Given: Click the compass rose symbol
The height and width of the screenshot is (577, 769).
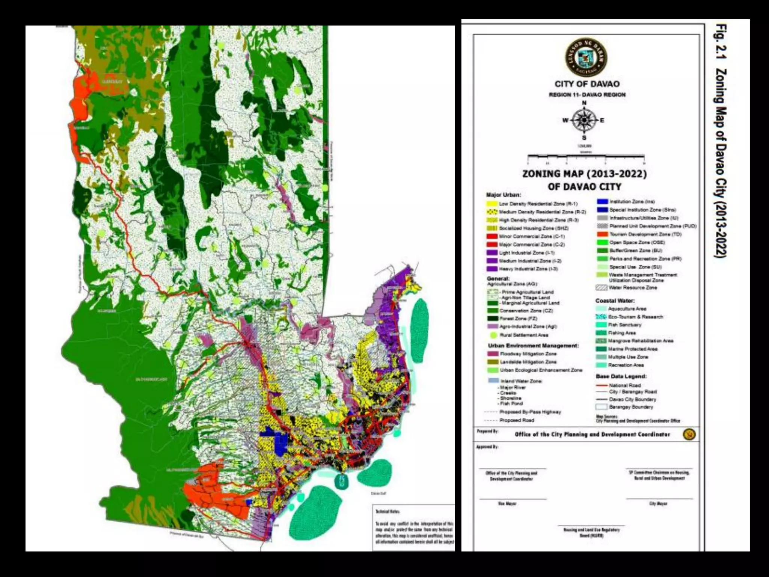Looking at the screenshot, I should click(584, 120).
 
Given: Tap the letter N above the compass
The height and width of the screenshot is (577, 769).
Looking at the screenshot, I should click(584, 103).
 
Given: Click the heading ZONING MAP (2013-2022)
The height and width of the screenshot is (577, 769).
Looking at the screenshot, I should click(585, 174).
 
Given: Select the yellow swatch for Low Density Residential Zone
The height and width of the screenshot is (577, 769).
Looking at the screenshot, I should click(492, 204).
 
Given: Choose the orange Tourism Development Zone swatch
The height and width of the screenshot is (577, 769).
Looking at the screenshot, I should click(602, 234).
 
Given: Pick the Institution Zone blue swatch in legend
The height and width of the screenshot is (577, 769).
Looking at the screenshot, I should click(602, 202).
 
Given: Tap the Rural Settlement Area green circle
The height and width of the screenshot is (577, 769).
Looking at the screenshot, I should click(493, 335).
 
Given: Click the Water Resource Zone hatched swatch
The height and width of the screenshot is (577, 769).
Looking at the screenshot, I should click(602, 288).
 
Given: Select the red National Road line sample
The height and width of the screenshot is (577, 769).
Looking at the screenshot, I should click(602, 385).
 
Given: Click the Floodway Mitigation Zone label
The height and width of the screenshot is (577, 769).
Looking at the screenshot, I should click(528, 354).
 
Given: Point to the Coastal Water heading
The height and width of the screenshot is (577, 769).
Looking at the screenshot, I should click(615, 301).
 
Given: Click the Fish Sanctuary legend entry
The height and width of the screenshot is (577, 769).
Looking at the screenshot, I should click(624, 325).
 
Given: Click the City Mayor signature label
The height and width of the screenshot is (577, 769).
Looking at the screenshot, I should click(658, 504).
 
